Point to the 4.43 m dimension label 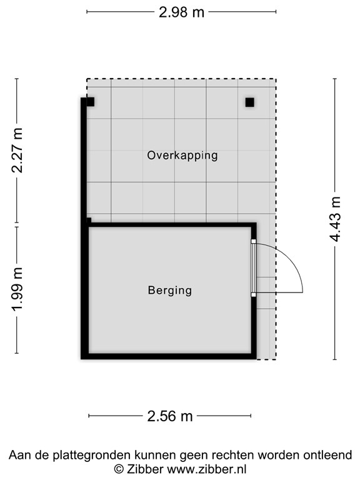[x=336, y=219]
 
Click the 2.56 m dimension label [x=170, y=416]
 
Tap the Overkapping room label [x=182, y=155]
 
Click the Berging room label [x=170, y=290]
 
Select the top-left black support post [x=90, y=102]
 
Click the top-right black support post [x=249, y=102]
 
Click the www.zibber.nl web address [x=204, y=468]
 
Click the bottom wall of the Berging [x=169, y=356]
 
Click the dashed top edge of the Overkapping [x=181, y=79]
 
